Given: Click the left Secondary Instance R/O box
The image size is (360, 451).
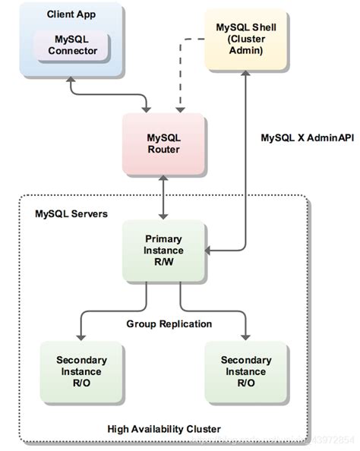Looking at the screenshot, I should (81, 371).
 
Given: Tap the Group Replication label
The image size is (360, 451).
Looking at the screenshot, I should (169, 324).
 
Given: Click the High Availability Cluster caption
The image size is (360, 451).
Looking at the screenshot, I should (164, 429).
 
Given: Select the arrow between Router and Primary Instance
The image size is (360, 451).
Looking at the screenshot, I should (163, 197).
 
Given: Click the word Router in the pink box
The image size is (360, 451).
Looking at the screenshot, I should (163, 150).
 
